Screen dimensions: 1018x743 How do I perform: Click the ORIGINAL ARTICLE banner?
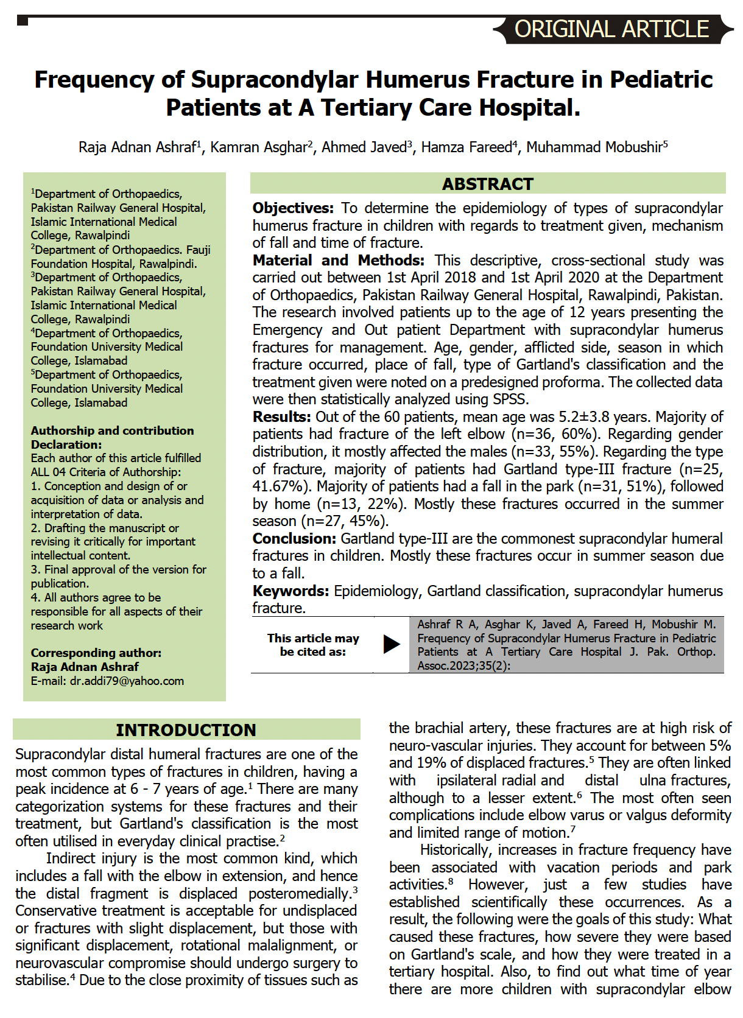tap(611, 29)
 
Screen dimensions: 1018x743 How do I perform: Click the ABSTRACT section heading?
tap(487, 184)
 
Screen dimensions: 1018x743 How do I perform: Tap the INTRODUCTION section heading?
tap(186, 730)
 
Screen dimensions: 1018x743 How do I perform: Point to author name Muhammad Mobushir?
tap(594, 147)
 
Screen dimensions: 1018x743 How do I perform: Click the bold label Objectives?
tap(293, 208)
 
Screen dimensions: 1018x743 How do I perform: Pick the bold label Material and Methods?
tap(338, 261)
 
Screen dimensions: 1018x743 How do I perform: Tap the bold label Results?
tap(282, 417)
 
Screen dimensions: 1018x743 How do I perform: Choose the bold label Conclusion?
tap(294, 539)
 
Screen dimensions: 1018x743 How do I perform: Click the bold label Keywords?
tap(291, 591)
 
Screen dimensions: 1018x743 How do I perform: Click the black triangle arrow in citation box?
tap(391, 644)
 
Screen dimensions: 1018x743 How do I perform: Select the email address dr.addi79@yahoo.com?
tap(127, 681)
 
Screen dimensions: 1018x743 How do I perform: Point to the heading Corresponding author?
tap(96, 653)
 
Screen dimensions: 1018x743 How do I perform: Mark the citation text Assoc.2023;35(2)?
tap(463, 665)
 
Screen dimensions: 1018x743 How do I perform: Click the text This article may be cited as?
tap(313, 645)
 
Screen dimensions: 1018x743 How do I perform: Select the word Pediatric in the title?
tap(661, 80)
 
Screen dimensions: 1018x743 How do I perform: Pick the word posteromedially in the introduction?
tap(300, 894)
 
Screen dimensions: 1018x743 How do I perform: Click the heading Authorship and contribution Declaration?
tap(112, 437)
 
